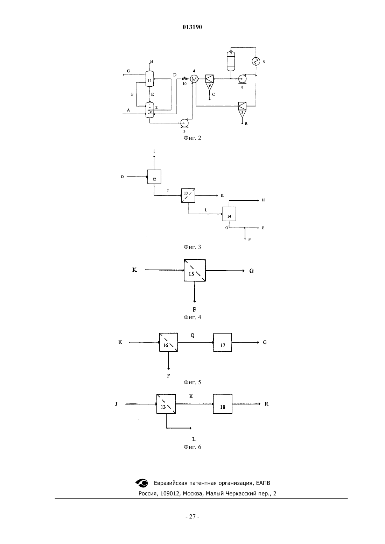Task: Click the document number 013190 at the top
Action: point(192,27)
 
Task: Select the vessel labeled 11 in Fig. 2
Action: point(150,78)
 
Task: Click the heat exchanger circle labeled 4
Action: point(194,79)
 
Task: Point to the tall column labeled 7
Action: point(231,61)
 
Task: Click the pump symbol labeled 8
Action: point(242,79)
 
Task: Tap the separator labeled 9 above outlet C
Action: point(210,82)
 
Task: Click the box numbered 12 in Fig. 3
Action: point(154,177)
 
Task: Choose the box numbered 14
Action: point(229,214)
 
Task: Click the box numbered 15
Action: point(195,270)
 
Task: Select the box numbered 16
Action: point(168,342)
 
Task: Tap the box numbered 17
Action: point(223,342)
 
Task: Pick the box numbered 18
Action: point(223,404)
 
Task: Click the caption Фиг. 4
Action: point(192,317)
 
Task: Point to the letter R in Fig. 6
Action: point(266,404)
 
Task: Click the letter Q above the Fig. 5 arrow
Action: point(192,335)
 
